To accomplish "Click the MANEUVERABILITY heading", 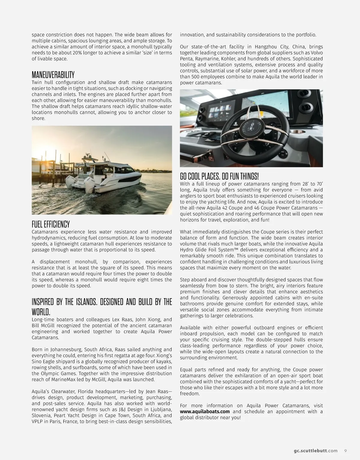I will point(53,74).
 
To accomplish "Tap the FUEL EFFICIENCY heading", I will point(51,224).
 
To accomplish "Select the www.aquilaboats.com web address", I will point(205,411).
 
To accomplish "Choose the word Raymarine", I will point(211,59).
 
